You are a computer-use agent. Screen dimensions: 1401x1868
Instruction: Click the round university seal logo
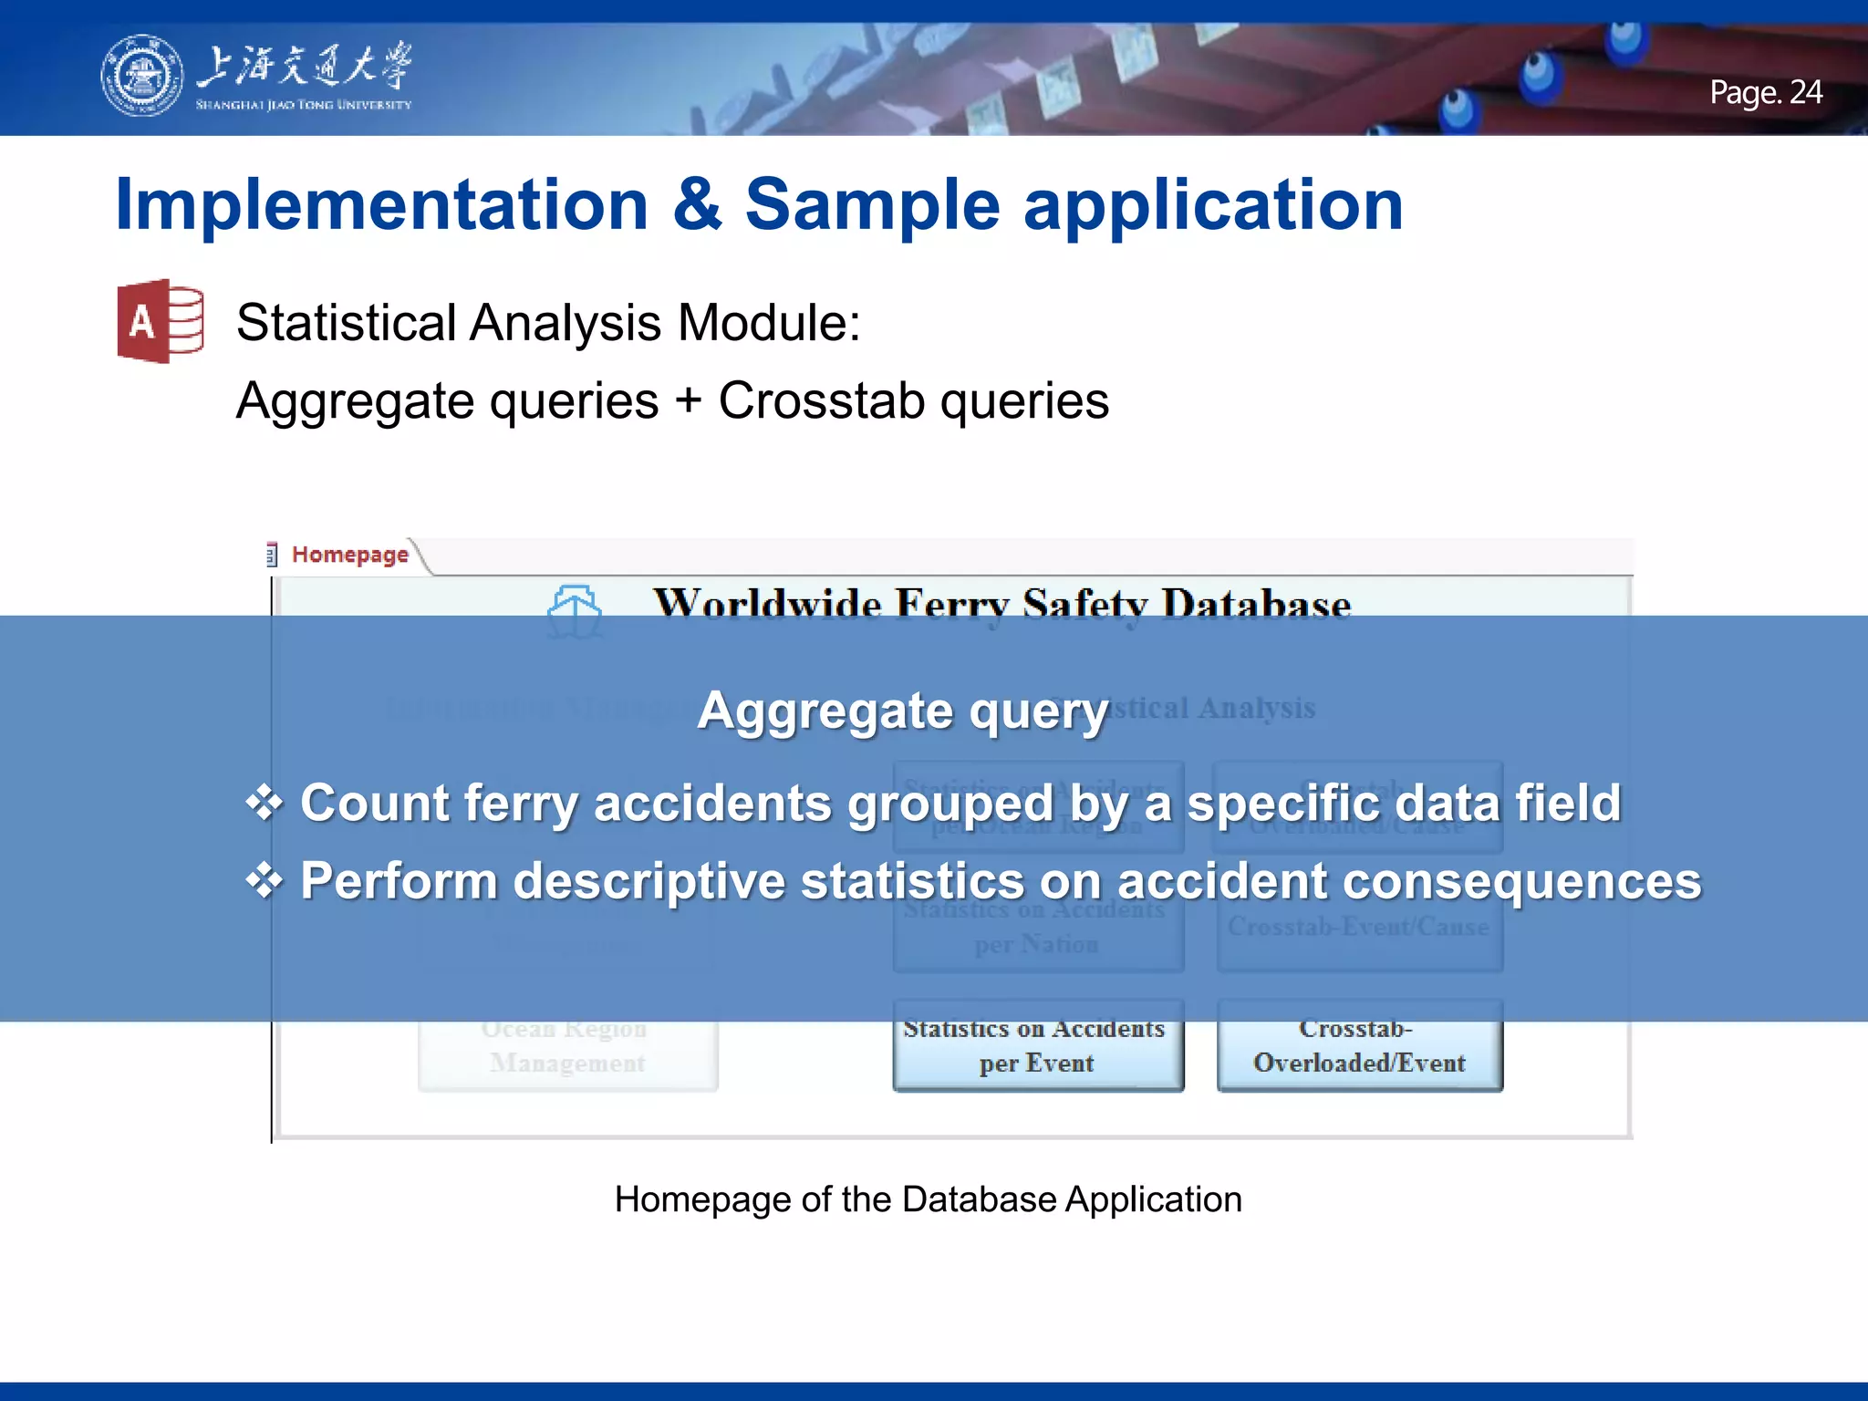[141, 76]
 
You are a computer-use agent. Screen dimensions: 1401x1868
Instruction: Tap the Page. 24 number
[1765, 92]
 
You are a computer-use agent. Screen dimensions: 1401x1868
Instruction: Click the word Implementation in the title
[381, 204]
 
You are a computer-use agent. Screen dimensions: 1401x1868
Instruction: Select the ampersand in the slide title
[697, 204]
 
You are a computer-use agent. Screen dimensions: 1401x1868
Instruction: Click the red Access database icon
[161, 321]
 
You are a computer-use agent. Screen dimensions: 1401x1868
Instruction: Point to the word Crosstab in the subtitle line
[821, 400]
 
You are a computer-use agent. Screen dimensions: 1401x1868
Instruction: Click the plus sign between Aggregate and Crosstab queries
[689, 402]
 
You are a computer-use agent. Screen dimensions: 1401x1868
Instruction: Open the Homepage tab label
[349, 555]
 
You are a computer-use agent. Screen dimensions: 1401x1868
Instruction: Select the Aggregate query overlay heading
[902, 711]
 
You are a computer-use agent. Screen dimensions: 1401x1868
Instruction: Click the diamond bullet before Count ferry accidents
[265, 803]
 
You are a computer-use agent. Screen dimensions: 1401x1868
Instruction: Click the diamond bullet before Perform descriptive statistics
[265, 881]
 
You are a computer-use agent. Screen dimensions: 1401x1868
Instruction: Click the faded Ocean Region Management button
[566, 1046]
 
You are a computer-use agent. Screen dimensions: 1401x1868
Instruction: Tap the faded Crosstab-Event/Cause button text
[1358, 927]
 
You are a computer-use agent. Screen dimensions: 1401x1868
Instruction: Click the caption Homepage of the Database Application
[928, 1199]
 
